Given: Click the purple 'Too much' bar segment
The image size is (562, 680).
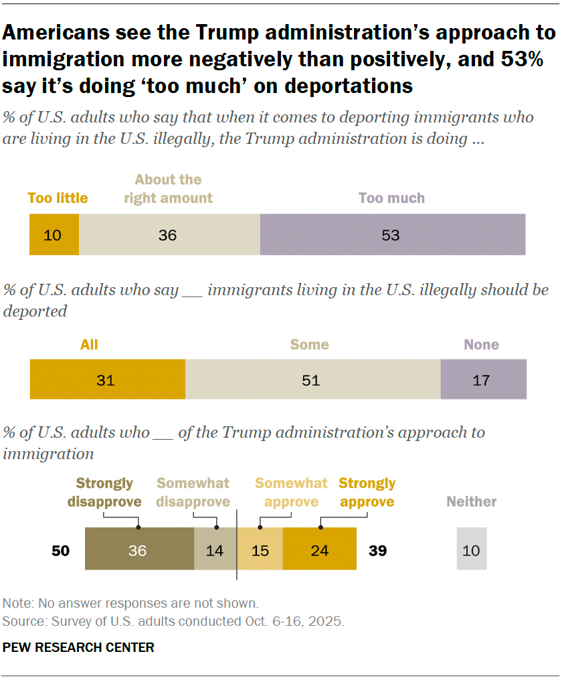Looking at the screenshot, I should click(393, 234).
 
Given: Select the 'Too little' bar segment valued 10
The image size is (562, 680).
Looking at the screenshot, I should click(54, 234).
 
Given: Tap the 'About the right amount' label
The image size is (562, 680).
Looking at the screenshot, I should click(168, 189).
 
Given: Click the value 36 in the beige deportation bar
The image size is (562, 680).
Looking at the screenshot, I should click(167, 235).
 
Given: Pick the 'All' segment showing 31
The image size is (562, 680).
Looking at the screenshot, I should click(107, 380).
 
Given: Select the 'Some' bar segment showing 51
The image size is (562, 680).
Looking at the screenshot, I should click(312, 380).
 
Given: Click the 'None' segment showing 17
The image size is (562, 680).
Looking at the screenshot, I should click(483, 380).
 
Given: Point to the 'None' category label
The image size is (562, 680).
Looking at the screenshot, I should click(482, 345).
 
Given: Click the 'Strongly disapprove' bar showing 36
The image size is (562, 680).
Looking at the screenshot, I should click(139, 550).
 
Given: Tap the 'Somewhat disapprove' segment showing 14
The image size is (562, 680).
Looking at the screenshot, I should click(215, 550).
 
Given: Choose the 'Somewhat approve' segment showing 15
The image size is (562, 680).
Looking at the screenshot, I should click(261, 550).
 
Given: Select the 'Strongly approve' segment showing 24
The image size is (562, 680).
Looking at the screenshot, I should click(319, 550).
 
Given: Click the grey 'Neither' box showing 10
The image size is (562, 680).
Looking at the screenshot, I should click(472, 550).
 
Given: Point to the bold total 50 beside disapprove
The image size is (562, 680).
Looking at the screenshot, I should click(62, 551).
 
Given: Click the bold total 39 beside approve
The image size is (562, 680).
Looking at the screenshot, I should click(377, 551).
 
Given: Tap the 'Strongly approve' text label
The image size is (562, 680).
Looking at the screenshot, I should click(367, 492).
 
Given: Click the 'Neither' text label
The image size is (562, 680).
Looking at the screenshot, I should click(472, 501).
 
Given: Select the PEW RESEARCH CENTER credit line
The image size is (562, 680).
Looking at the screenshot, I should click(78, 647).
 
